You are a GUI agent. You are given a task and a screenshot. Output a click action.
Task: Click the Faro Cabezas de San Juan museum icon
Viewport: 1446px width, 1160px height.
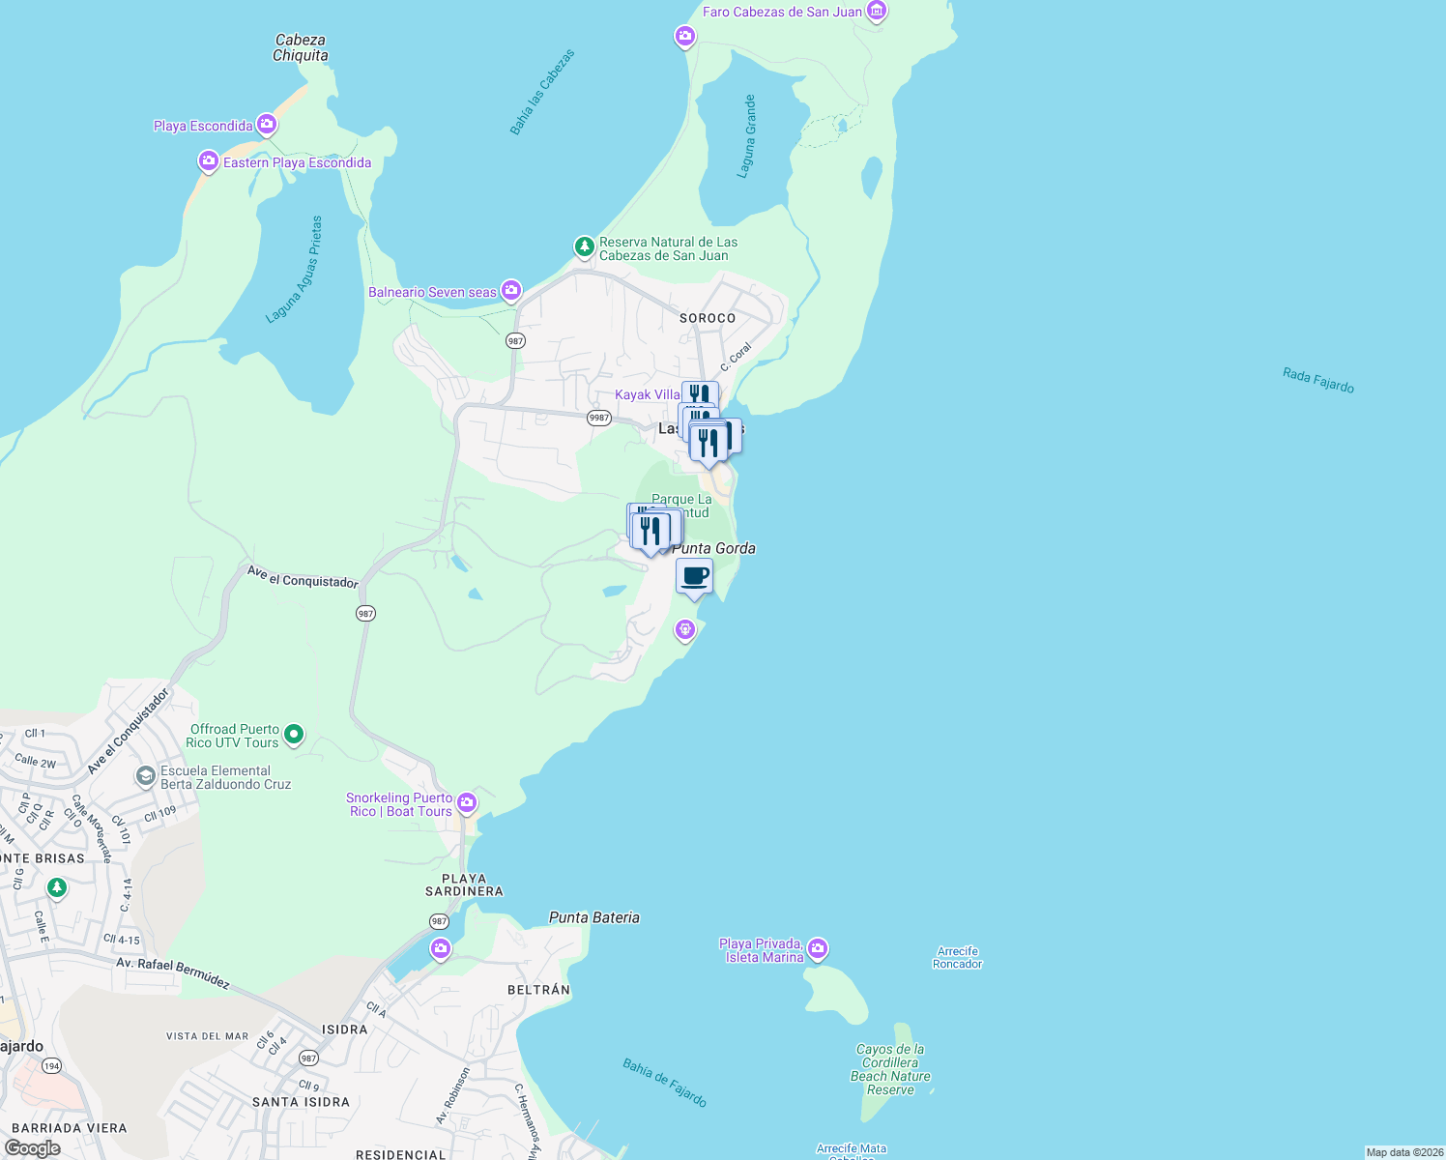(877, 12)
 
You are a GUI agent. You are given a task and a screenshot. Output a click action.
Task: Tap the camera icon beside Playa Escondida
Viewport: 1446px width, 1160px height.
(267, 125)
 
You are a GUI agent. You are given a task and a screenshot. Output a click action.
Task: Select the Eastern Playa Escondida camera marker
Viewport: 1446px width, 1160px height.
(208, 161)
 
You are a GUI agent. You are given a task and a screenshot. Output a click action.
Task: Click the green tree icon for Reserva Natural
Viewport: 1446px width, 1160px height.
(584, 246)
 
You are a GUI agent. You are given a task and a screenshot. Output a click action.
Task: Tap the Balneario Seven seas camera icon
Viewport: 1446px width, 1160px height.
(511, 290)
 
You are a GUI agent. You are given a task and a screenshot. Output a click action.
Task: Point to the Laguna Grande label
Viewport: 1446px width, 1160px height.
(748, 136)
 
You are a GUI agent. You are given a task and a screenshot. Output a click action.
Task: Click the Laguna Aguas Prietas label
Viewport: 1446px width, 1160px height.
(295, 271)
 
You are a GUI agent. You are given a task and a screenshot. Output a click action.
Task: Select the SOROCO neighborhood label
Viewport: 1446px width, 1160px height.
(708, 318)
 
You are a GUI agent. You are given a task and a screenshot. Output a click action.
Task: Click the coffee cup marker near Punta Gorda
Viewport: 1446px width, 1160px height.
(694, 577)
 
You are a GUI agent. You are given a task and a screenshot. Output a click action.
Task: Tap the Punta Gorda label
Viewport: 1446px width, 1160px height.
(713, 548)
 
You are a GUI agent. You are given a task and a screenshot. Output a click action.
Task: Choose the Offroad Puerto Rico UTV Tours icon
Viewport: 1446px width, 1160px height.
(295, 735)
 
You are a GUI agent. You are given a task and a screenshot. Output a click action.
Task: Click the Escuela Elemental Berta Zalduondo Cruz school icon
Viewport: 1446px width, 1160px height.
(145, 775)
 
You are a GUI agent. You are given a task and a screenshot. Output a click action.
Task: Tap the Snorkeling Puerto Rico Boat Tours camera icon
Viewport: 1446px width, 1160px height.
(467, 802)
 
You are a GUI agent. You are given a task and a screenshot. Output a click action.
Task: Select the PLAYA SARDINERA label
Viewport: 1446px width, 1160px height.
(464, 884)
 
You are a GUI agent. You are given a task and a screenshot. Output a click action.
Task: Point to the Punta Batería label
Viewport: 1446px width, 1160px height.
(593, 917)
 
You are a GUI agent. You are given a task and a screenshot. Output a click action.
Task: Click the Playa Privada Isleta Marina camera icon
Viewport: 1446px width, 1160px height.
(818, 948)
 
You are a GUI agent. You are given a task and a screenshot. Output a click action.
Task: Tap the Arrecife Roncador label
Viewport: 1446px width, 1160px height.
(958, 957)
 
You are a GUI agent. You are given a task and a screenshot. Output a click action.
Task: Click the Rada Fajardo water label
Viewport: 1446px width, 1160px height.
(1318, 380)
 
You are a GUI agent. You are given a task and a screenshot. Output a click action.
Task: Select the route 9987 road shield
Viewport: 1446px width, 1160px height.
(599, 418)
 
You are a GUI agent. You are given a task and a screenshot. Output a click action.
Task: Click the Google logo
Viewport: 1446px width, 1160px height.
(32, 1148)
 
